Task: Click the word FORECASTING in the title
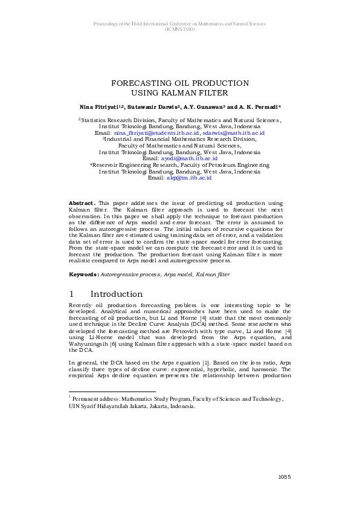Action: (x=140, y=83)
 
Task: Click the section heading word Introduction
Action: (x=117, y=294)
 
